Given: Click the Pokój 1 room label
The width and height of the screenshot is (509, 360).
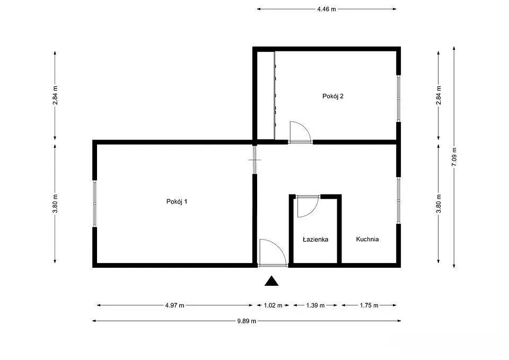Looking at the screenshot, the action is [x=177, y=201].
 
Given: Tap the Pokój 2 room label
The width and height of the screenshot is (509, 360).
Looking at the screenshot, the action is [x=333, y=96].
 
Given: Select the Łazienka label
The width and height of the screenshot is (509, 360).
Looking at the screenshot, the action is [x=315, y=240].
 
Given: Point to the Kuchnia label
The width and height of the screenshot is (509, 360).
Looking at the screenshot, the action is [x=367, y=239].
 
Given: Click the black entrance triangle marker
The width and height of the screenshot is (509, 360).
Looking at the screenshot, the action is [x=271, y=281].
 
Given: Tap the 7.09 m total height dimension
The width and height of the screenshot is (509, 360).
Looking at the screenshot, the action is [x=454, y=157].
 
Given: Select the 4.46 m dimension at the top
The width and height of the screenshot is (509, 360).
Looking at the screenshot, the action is [x=327, y=9].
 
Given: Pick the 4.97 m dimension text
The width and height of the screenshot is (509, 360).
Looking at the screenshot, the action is [x=174, y=305].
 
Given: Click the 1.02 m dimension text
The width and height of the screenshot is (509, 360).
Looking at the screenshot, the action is [x=273, y=305].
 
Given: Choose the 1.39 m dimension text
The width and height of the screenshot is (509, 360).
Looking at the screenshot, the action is [x=315, y=305].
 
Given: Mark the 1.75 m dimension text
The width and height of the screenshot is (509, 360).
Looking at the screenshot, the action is [x=369, y=305].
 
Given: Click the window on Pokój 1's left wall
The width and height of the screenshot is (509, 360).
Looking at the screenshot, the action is [x=94, y=204].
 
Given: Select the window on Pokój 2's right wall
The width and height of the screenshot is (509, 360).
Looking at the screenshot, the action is [x=399, y=99].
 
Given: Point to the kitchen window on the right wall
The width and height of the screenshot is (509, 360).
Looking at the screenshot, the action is [x=399, y=200].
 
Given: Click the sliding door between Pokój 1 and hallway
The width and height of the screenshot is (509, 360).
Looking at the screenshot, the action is [x=255, y=160].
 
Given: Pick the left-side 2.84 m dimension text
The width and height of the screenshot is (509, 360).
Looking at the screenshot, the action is [x=55, y=95].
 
